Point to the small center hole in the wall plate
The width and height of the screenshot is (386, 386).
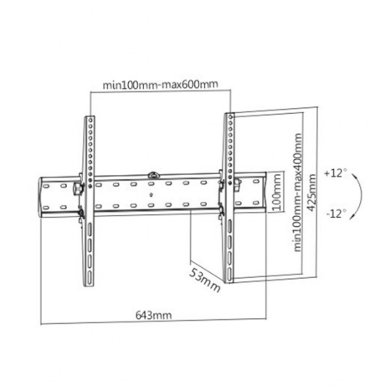coord(151,196)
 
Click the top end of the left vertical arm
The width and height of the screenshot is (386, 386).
coord(87,117)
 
